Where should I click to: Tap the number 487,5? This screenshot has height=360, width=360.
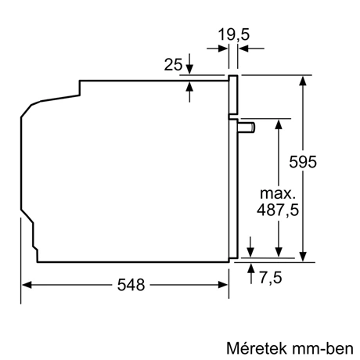[278, 210]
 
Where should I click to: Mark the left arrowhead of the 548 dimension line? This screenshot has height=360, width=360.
[25, 286]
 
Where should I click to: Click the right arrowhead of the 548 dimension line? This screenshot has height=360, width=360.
[225, 286]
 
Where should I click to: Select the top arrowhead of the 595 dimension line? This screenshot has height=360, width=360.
[303, 80]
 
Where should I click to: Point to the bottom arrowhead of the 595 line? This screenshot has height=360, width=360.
[303, 251]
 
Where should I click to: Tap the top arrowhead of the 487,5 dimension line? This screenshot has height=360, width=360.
[278, 125]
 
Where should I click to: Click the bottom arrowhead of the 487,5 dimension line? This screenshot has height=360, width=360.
[278, 251]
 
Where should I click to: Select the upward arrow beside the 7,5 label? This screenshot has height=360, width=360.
[250, 270]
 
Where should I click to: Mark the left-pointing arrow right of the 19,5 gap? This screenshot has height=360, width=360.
[243, 49]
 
